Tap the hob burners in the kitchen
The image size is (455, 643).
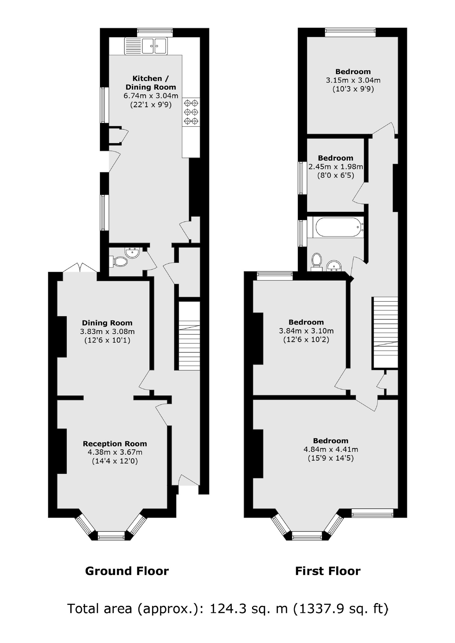(191, 112)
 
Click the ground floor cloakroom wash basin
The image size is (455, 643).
(132, 253)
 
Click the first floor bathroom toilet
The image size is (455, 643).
(316, 261)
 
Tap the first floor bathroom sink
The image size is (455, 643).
(334, 266)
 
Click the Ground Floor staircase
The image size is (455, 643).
(189, 336)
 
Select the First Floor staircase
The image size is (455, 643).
(385, 332)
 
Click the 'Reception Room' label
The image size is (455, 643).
(115, 444)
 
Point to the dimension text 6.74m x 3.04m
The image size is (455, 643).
(151, 96)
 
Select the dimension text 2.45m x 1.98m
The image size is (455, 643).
(336, 166)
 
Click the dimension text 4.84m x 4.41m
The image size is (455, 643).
(330, 449)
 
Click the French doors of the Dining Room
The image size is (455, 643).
(80, 267)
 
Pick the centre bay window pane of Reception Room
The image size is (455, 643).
(111, 537)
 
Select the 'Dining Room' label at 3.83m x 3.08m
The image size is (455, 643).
(107, 323)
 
